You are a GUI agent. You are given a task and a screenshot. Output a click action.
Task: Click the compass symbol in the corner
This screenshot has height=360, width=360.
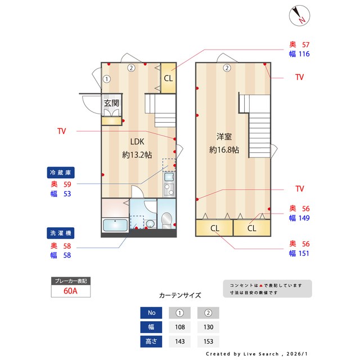pos(299,16)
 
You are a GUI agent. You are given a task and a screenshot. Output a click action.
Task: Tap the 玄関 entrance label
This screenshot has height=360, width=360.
pos(111,103)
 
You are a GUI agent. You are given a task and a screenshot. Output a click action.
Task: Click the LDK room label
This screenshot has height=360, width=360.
pos(137,142)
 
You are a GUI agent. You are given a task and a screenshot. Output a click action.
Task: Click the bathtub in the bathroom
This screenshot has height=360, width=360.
pos(115,225)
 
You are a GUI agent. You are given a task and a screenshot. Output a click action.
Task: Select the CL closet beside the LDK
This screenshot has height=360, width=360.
pos(168,78)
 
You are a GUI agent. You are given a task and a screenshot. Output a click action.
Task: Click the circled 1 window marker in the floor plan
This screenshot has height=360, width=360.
pos(107,79)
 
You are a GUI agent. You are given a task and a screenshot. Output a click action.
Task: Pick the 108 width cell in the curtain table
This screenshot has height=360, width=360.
pos(179,327)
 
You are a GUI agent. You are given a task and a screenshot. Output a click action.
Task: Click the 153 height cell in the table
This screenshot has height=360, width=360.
pos(208,341)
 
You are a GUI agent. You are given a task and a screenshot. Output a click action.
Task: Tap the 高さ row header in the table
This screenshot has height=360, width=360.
pos(151,341)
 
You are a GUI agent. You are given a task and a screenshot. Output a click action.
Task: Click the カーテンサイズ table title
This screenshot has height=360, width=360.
pos(179,295)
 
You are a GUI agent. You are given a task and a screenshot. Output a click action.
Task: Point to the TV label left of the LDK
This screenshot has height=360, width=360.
pos(61,131)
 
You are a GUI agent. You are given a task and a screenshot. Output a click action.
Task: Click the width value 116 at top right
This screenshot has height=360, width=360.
pos(304,54)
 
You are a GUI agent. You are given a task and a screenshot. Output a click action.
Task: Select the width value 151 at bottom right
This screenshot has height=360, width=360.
pos(304,254)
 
